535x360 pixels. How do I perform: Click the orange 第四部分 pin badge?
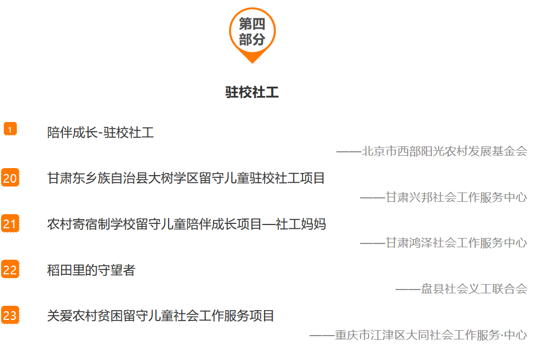click(252, 31)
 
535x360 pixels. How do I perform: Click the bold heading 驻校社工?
click(252, 92)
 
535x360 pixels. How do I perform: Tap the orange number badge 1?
click(10, 129)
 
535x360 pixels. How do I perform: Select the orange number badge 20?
click(10, 178)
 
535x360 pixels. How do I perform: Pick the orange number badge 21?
click(10, 223)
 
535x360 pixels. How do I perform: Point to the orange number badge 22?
click(10, 269)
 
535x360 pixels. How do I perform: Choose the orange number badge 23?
click(10, 315)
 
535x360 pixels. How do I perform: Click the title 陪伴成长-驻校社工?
click(100, 132)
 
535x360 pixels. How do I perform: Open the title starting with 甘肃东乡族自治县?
click(186, 178)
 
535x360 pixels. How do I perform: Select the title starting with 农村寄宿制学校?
click(186, 224)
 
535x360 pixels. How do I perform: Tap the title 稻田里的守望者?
click(91, 269)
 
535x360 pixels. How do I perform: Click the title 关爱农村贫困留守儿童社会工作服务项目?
click(160, 316)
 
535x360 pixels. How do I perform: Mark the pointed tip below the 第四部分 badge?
click(252, 61)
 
